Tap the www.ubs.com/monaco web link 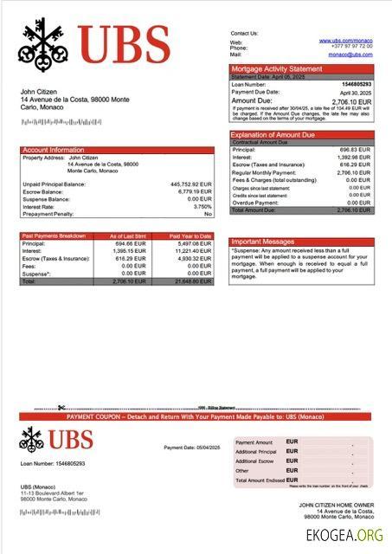345,41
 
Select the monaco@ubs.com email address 350,54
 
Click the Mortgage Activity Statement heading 275,68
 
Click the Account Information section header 54,150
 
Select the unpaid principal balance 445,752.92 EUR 191,184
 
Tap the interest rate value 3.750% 202,206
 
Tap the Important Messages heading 264,242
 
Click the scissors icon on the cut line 61,407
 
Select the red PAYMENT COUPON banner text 195,417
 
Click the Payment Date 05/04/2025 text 192,447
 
